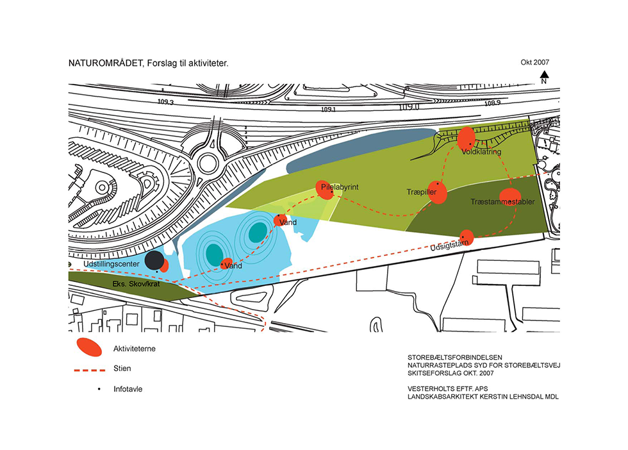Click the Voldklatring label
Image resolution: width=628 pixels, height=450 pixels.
coord(481,152)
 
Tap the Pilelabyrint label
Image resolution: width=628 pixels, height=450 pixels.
coord(340,187)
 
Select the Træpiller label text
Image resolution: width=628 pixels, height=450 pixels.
coord(422,192)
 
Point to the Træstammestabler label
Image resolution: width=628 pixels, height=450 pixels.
coord(502,201)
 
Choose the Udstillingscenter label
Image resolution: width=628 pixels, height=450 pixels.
coord(112,264)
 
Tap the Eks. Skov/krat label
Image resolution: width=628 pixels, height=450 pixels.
coord(136,284)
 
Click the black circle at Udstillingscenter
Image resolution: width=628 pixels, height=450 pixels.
coord(154,260)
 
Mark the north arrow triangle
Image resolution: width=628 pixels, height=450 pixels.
coord(544,74)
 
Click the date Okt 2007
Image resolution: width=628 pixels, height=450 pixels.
coord(534,62)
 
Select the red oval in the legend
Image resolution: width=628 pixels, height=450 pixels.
coord(89,347)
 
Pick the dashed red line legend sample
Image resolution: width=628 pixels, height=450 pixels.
coord(89,370)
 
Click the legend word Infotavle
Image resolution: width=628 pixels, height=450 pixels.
coord(128,389)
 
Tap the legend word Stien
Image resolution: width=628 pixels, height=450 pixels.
coord(122,368)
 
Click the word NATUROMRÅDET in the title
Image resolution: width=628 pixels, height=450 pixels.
coord(106,63)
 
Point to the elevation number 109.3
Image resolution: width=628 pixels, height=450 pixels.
coord(165,102)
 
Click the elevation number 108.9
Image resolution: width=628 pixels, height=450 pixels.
coord(492,103)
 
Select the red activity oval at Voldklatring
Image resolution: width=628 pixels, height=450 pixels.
coord(467,138)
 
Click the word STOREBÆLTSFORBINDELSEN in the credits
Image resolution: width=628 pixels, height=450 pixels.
coord(455,357)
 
